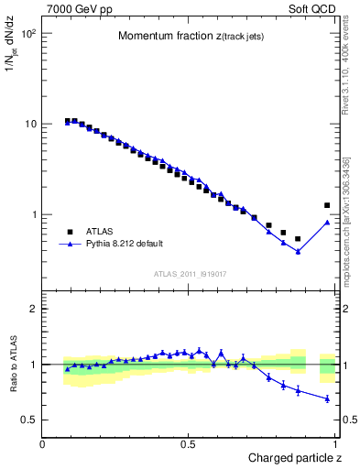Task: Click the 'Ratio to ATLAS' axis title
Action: tap(15, 364)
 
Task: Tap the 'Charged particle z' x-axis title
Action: tap(294, 457)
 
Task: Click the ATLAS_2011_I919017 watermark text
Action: tap(189, 272)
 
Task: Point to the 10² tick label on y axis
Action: tap(27, 34)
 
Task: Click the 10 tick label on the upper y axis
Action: tap(29, 124)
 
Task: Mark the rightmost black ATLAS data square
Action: tap(327, 205)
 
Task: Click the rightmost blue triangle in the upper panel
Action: tap(327, 222)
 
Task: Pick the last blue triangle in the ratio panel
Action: tap(327, 398)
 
